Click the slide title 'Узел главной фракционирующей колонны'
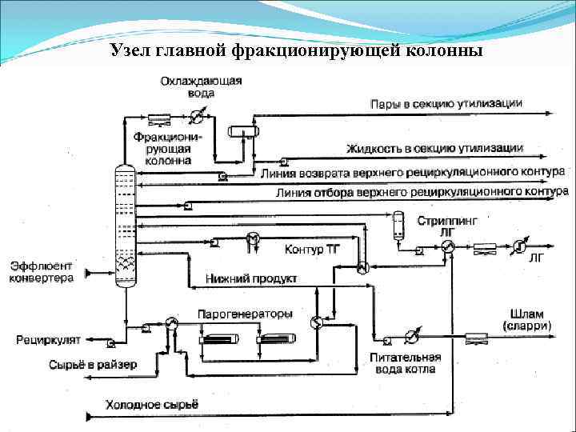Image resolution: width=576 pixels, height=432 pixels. click(x=297, y=51)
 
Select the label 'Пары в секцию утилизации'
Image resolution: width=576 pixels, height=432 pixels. click(x=446, y=104)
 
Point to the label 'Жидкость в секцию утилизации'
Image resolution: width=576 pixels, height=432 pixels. click(x=435, y=148)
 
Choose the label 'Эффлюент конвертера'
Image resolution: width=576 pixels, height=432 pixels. click(x=42, y=272)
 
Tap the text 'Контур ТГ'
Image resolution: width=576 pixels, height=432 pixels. click(x=313, y=250)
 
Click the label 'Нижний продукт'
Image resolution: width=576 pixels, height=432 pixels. click(x=251, y=279)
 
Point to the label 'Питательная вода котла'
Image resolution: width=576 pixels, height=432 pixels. click(x=402, y=363)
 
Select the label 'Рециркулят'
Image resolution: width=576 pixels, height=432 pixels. click(x=48, y=340)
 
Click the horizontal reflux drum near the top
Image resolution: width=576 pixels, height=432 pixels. click(x=241, y=130)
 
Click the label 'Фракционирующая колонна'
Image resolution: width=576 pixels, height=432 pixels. click(x=168, y=148)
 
